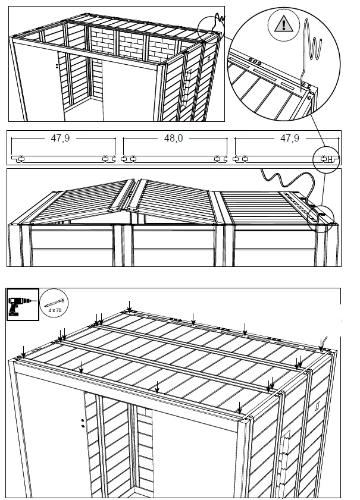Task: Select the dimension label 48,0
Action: click(173, 138)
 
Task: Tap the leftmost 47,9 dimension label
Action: click(61, 138)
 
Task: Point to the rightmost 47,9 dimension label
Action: click(289, 138)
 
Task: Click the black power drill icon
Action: click(22, 305)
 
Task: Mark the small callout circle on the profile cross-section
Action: click(327, 159)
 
